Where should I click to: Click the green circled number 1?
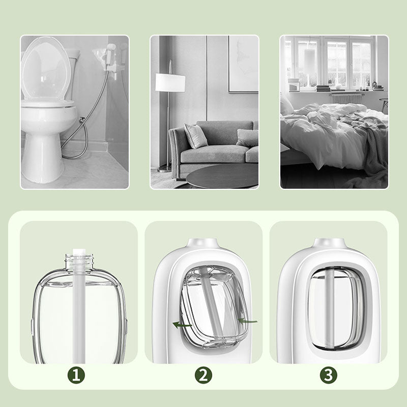pyautogui.click(x=76, y=375)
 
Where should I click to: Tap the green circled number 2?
pyautogui.click(x=203, y=375)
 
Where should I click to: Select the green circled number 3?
pyautogui.click(x=328, y=375)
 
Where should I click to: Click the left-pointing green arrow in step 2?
pyautogui.click(x=182, y=325)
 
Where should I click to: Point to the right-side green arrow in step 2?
pyautogui.click(x=248, y=321)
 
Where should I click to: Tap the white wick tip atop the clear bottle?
pyautogui.click(x=79, y=252)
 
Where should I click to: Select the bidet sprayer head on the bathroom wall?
pyautogui.click(x=111, y=49)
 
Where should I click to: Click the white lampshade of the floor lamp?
pyautogui.click(x=170, y=82)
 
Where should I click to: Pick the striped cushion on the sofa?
pyautogui.click(x=195, y=135)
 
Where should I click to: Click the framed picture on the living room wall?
pyautogui.click(x=244, y=64)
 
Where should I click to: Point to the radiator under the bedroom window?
pyautogui.click(x=346, y=99)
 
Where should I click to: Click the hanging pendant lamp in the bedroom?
pyautogui.click(x=310, y=59)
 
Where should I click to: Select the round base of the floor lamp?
pyautogui.click(x=164, y=169)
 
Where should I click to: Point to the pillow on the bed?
pyautogui.click(x=286, y=105)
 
